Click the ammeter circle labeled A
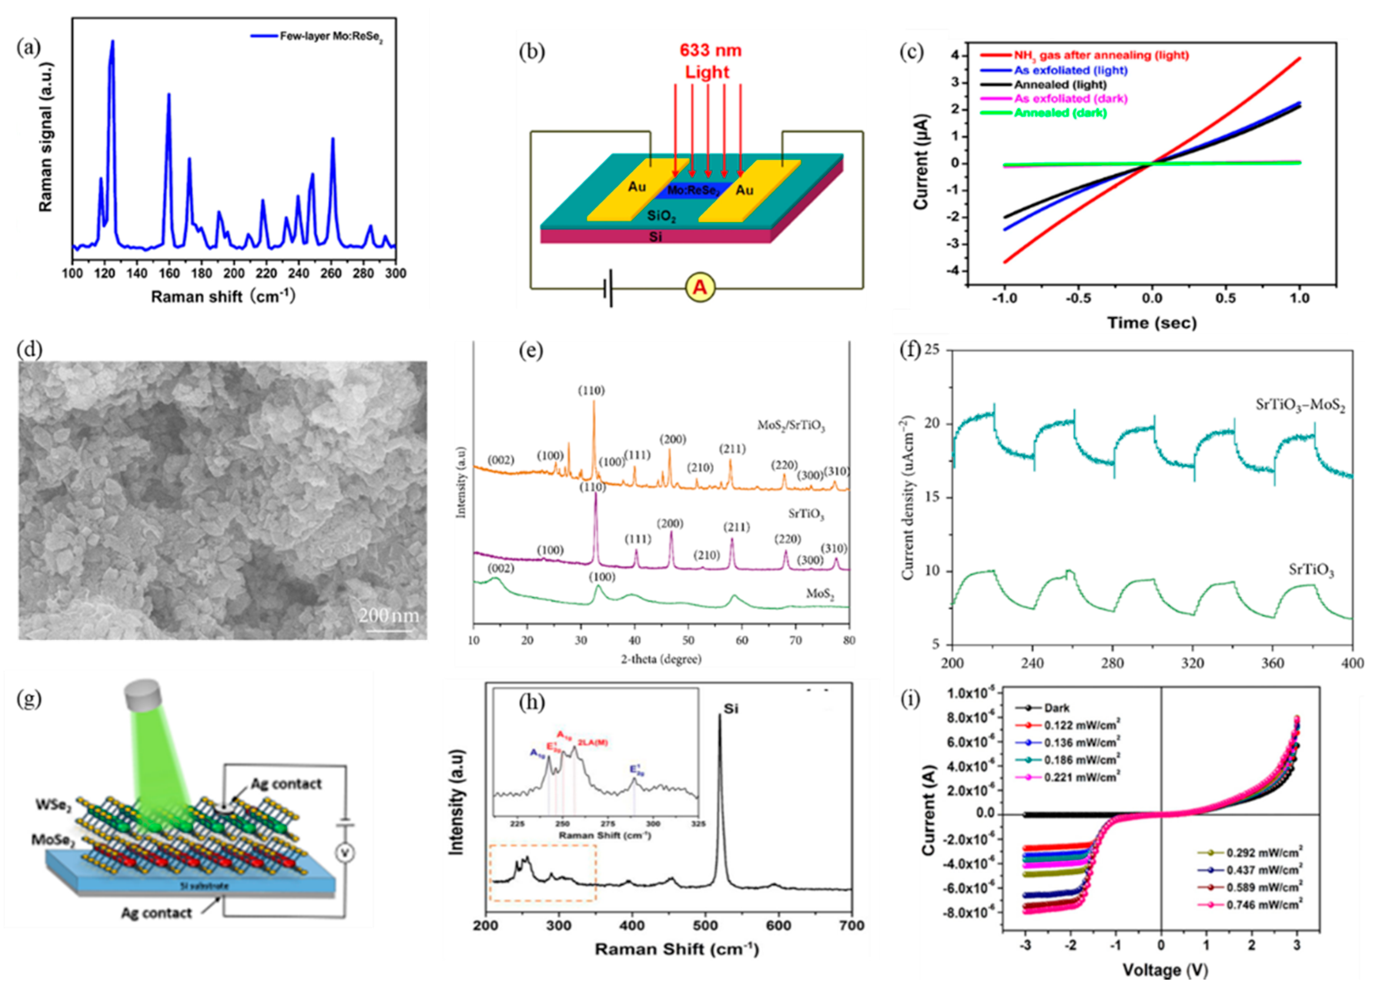coord(700,288)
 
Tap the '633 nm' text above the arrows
coord(710,50)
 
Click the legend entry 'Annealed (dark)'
coord(1060,113)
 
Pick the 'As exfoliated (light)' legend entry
coord(1070,70)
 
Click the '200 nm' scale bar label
coord(389,616)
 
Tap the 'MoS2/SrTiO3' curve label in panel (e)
coord(791,426)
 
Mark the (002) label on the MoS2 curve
coord(501,569)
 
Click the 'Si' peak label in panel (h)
coord(731,709)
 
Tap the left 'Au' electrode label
coord(636,187)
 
